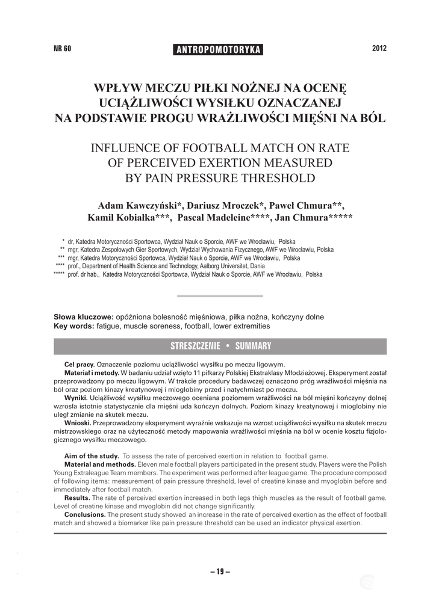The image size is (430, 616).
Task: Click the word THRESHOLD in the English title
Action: click(275, 178)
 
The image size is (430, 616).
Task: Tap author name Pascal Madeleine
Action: click(222, 218)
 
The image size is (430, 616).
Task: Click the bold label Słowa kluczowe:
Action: click(84, 316)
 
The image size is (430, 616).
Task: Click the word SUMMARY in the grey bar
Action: click(253, 346)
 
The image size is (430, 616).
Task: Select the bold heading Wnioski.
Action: click(76, 423)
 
